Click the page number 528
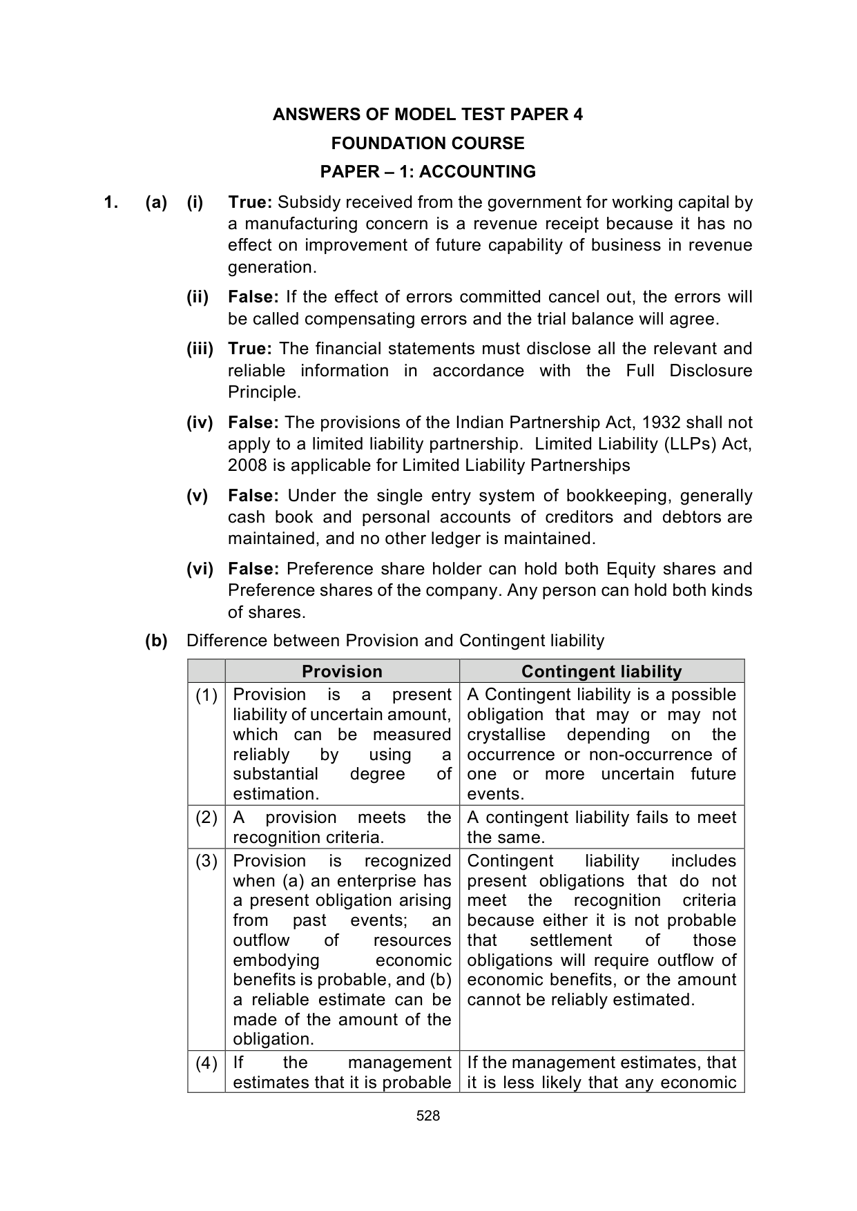coord(428,1116)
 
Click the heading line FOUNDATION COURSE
coord(427,144)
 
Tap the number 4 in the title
coord(578,115)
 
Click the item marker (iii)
coord(200,349)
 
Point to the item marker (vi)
coord(200,569)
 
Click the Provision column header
coord(342,672)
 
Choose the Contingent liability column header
coord(601,672)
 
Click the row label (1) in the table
coord(206,695)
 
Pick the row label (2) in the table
coord(206,817)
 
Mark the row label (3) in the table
coord(206,861)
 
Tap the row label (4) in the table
coord(206,1063)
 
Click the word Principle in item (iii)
coord(264,393)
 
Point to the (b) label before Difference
coord(156,641)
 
